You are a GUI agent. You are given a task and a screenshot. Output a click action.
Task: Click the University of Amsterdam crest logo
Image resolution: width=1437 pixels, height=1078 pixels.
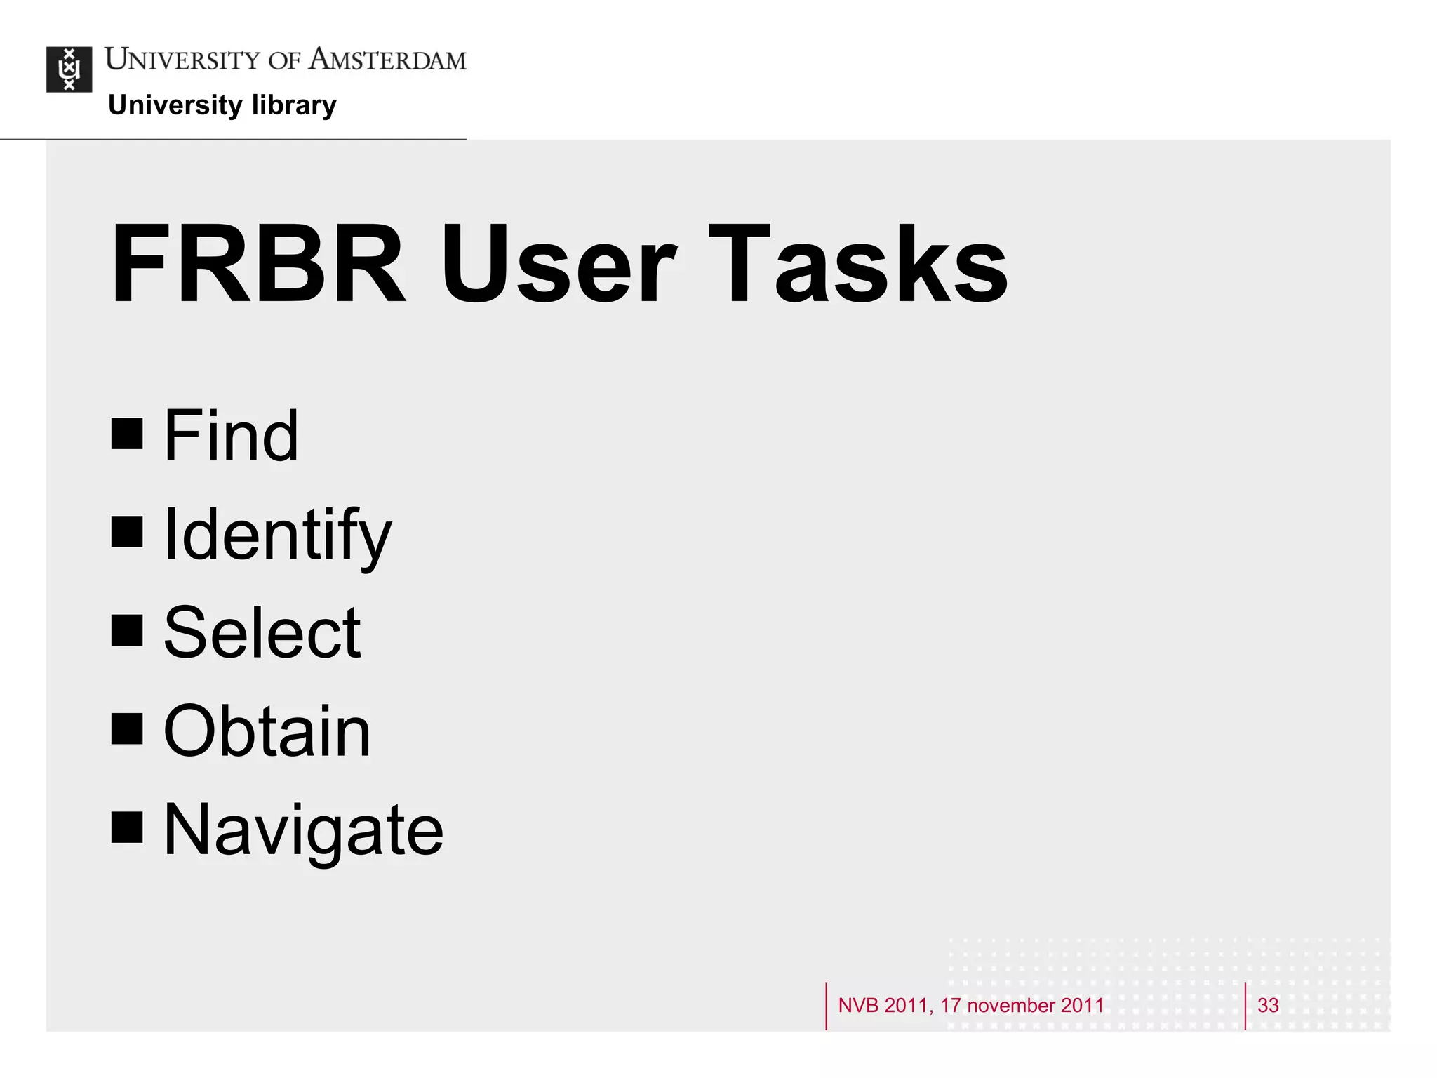[x=69, y=69]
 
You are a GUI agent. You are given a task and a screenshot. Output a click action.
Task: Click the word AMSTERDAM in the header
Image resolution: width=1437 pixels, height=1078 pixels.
[x=387, y=60]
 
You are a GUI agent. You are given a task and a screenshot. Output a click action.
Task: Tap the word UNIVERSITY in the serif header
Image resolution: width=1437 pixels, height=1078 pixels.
[x=182, y=60]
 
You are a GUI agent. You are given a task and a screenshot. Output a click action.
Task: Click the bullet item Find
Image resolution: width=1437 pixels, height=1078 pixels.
[x=231, y=436]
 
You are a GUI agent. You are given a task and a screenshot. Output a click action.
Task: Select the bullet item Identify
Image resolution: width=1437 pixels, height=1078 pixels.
[x=277, y=535]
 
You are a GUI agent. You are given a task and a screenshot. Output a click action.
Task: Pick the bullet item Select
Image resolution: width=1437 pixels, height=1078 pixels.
[x=262, y=633]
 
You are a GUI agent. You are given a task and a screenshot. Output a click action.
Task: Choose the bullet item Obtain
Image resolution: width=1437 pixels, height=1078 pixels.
[x=267, y=731]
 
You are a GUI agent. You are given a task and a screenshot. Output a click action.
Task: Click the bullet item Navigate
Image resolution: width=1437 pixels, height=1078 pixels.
[x=303, y=830]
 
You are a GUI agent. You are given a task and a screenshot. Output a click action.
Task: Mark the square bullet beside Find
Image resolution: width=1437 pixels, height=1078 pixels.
[x=127, y=434]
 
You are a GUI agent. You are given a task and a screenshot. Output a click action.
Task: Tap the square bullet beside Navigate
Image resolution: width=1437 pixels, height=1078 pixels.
[x=127, y=827]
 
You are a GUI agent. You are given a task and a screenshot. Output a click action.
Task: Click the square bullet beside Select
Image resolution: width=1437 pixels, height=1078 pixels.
[x=127, y=630]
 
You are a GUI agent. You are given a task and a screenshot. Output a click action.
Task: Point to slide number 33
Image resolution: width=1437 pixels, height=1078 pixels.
[x=1268, y=1005]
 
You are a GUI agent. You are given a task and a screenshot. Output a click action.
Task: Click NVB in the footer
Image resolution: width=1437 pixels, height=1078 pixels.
[x=858, y=1005]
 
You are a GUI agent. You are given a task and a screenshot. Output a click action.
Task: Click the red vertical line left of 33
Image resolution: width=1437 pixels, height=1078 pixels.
[x=1245, y=1006]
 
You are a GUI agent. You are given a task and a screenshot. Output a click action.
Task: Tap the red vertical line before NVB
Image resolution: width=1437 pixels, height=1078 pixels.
[x=827, y=1006]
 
